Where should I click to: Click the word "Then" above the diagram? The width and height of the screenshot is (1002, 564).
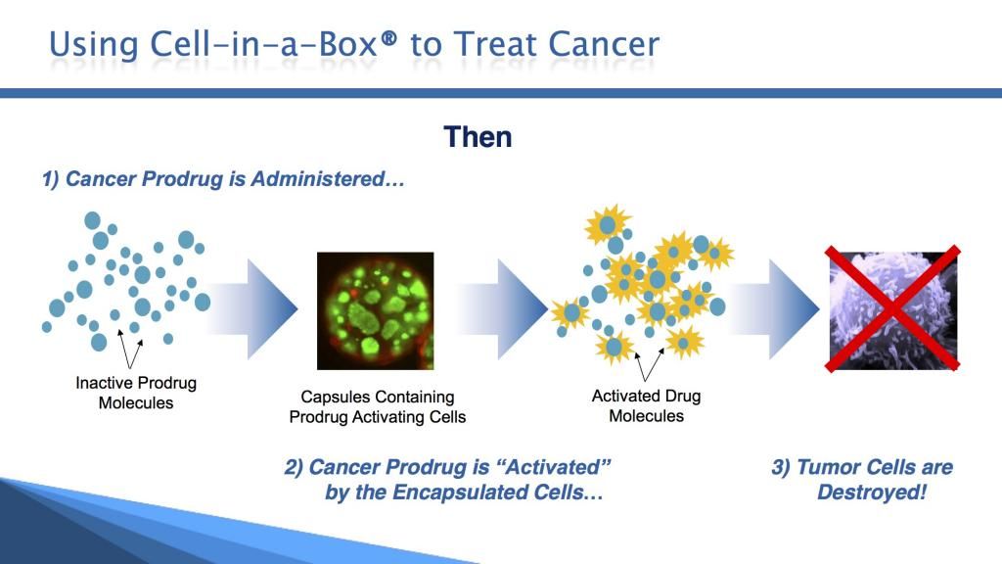(478, 137)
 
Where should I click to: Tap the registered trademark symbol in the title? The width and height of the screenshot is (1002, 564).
(387, 39)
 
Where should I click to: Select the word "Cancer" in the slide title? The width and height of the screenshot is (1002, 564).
(603, 44)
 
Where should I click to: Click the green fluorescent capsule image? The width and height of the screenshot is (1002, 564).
(375, 310)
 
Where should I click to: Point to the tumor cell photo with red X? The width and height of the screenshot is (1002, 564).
(892, 308)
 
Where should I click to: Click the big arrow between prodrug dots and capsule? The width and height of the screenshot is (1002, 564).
(253, 308)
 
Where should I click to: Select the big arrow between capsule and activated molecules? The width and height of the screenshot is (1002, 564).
(503, 308)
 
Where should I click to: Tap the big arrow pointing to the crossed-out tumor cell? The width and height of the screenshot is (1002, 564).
(774, 308)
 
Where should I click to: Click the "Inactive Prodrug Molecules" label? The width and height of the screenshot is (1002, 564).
(136, 393)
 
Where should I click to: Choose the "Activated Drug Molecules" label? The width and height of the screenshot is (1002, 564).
(646, 405)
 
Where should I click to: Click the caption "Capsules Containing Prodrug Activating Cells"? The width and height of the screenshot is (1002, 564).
(378, 406)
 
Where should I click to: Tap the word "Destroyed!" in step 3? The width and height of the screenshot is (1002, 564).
(872, 492)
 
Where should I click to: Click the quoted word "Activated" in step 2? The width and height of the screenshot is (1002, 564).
(554, 467)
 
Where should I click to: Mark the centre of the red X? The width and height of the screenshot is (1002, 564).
(892, 308)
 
